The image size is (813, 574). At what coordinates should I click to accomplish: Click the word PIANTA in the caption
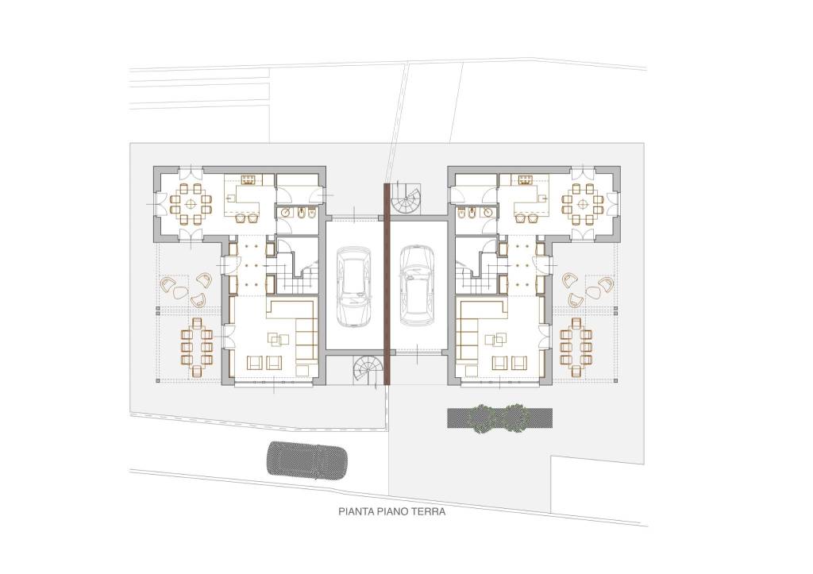click(x=356, y=512)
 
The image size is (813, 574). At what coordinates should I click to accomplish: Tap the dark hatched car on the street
click(x=306, y=459)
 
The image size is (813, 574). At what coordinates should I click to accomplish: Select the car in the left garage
click(x=353, y=287)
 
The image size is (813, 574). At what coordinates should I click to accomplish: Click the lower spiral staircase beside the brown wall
click(x=370, y=370)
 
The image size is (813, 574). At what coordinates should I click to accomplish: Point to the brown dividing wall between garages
click(x=387, y=284)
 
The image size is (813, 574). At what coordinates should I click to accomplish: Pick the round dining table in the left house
click(x=191, y=203)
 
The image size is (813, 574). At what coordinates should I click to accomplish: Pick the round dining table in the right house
click(x=584, y=203)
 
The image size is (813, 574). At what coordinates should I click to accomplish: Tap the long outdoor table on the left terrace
click(x=197, y=347)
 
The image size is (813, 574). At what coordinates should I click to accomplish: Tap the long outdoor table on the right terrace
click(x=576, y=347)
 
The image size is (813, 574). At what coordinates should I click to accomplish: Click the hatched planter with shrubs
click(x=500, y=418)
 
